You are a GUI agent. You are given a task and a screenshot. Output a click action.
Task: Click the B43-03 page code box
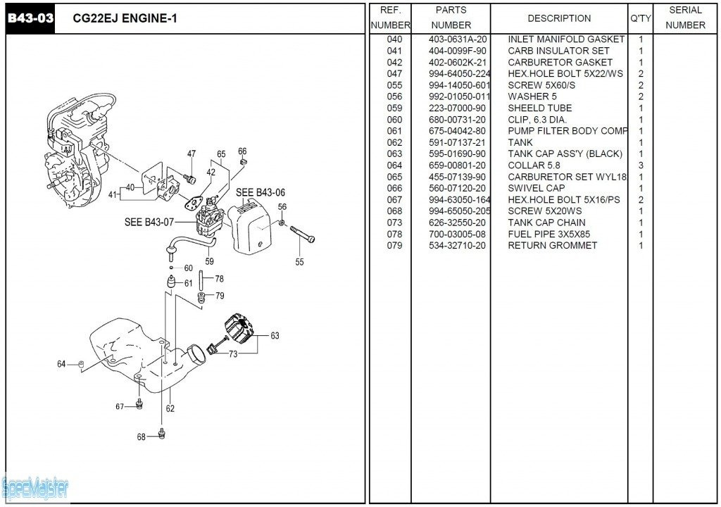point(30,18)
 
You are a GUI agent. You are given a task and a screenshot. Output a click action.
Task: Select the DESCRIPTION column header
point(559,18)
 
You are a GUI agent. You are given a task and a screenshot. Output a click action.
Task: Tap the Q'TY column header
point(640,18)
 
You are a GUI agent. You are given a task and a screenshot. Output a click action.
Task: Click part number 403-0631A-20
point(458,39)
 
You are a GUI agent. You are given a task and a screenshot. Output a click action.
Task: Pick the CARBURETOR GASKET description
point(560,62)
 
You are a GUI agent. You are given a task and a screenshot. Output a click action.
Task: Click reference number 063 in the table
point(394,154)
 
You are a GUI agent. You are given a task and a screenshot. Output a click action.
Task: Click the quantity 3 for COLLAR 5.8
point(641,165)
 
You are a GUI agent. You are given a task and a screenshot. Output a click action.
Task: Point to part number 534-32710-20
point(458,246)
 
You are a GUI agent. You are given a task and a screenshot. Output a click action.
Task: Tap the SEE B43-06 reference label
point(261,192)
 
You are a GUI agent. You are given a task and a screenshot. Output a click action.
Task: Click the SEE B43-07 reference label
point(149,223)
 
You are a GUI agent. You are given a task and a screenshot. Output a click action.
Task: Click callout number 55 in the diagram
point(300,262)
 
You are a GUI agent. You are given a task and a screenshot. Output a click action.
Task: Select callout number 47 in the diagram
point(192,154)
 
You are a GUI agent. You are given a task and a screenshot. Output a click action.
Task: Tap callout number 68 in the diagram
point(142,437)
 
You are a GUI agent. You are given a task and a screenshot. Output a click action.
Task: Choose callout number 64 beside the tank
point(62,364)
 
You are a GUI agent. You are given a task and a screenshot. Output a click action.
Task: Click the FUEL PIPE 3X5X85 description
point(548,234)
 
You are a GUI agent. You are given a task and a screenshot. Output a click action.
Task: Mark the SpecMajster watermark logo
point(35,487)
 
